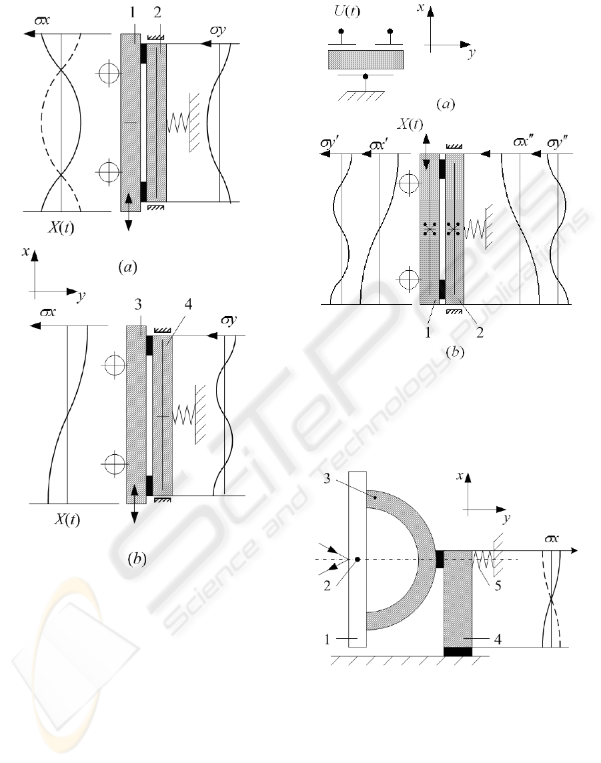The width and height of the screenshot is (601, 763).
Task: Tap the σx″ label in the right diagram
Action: pos(523,141)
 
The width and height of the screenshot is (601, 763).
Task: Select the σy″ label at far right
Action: pos(557,143)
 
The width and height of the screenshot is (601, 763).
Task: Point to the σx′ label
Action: pos(378,145)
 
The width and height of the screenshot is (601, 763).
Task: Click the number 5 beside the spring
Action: pos(498,586)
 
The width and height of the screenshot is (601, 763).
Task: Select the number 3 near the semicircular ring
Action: pos(327,479)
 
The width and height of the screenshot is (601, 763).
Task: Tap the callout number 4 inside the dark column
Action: pos(498,639)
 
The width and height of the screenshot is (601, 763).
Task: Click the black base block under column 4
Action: pos(458,652)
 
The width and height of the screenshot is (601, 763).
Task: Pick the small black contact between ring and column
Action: pos(440,559)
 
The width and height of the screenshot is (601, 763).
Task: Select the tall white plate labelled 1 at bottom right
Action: pos(357,559)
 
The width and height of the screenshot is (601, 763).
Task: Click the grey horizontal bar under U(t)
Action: pos(366,59)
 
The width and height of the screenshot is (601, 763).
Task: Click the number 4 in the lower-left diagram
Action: pos(188,304)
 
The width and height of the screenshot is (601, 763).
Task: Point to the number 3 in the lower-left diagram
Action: pos(137,304)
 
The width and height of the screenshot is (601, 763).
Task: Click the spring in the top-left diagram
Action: pos(177,123)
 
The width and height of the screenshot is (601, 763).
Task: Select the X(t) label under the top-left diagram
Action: pos(61,227)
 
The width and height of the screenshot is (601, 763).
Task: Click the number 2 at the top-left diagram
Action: pos(157,13)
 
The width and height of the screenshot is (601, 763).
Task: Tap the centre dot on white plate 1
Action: pos(357,560)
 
